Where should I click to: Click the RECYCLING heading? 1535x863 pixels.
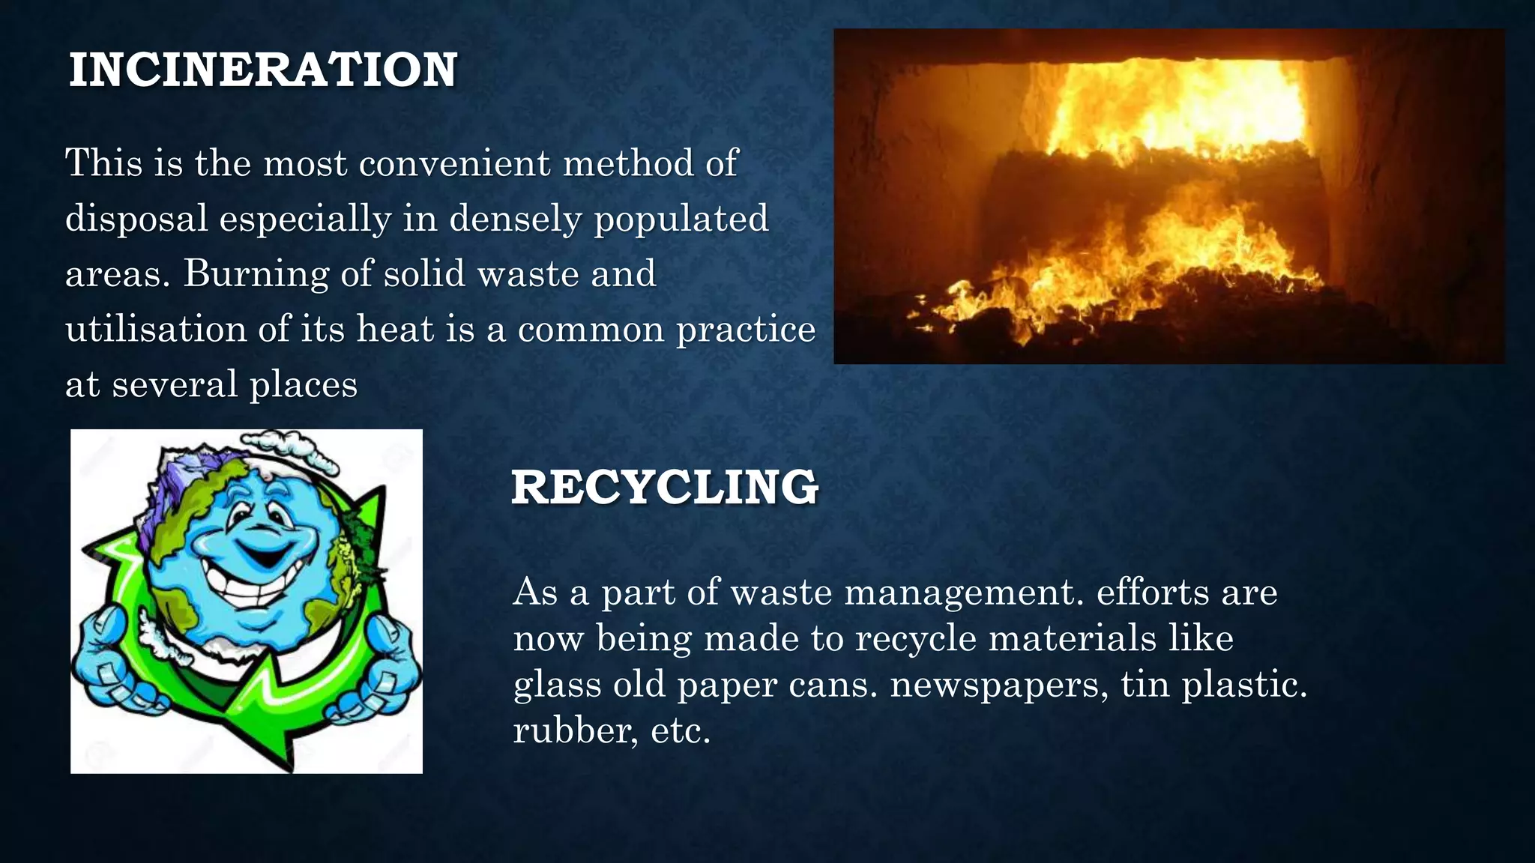(x=664, y=487)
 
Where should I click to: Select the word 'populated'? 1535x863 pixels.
(x=681, y=219)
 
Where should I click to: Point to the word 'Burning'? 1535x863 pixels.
(x=256, y=274)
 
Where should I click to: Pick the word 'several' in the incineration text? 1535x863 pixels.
(x=174, y=384)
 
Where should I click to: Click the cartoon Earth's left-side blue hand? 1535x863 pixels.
(x=112, y=659)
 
